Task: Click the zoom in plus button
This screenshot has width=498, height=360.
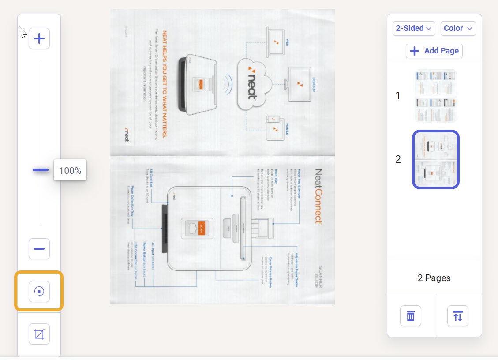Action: click(39, 39)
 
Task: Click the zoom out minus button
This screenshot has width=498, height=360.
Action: click(39, 249)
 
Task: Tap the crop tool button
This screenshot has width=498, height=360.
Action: click(39, 334)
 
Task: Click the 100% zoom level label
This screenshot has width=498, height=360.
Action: click(70, 170)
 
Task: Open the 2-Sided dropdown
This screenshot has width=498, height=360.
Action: click(414, 28)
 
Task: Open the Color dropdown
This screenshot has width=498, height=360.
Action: click(458, 28)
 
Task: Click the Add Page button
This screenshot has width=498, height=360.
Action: click(434, 51)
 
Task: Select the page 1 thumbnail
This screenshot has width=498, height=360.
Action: click(435, 95)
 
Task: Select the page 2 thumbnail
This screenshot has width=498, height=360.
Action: click(435, 159)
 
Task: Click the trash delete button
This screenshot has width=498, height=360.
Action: click(411, 316)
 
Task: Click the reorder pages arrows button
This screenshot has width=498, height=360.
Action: click(458, 316)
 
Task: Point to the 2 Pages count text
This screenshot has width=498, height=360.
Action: click(434, 278)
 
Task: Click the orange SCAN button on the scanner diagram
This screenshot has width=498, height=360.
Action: click(202, 228)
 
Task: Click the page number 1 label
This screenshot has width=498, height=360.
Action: click(398, 96)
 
